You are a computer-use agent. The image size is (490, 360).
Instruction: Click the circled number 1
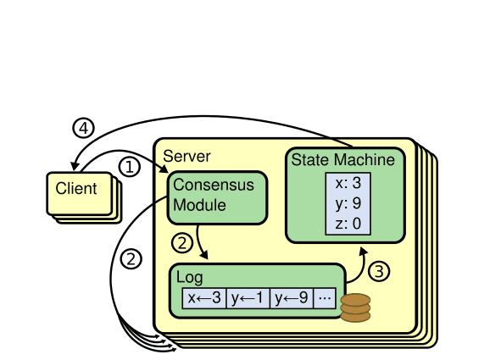click(x=129, y=167)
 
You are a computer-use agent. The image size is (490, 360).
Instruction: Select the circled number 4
click(x=82, y=128)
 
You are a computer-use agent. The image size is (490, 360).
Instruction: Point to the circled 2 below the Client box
click(x=130, y=260)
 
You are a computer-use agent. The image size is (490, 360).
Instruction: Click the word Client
click(x=76, y=188)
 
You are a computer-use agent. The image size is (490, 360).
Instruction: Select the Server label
click(x=187, y=156)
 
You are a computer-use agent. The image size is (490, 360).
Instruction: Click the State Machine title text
click(x=342, y=159)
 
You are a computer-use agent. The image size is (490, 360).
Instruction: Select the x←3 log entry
click(x=204, y=297)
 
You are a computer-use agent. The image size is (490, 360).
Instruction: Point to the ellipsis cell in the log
click(x=325, y=297)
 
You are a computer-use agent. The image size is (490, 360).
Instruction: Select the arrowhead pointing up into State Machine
click(x=365, y=251)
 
